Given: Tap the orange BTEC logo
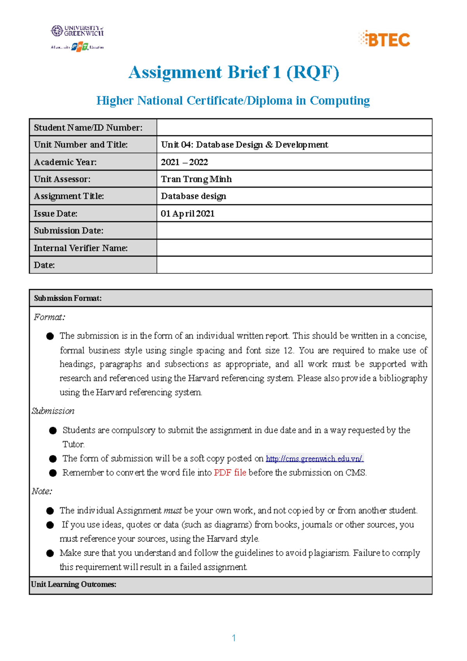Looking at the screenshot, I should point(384,39).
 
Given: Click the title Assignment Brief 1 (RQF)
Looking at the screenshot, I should point(233,72).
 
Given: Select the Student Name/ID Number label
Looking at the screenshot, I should point(88,128).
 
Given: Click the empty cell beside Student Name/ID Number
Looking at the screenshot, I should point(294,128).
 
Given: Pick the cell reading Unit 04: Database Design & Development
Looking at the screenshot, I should point(244,145).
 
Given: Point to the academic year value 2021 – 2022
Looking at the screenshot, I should point(184,162).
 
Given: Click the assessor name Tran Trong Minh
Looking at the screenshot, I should point(196,179).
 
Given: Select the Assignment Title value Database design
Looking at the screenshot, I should point(193,196).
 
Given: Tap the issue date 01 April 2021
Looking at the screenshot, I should point(188,213).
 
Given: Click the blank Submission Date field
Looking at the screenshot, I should point(294,230).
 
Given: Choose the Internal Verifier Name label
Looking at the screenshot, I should point(81,248).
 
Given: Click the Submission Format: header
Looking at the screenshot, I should point(68,298).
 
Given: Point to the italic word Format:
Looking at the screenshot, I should point(49,317).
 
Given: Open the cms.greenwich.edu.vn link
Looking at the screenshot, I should point(314,459).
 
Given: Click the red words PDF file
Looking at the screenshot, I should point(230,473).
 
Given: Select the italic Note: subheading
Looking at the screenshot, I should point(42,491).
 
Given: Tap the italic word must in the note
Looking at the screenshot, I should point(172,510).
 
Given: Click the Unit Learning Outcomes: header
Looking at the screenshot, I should point(74,584).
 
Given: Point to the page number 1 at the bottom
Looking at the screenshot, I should point(233,638).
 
